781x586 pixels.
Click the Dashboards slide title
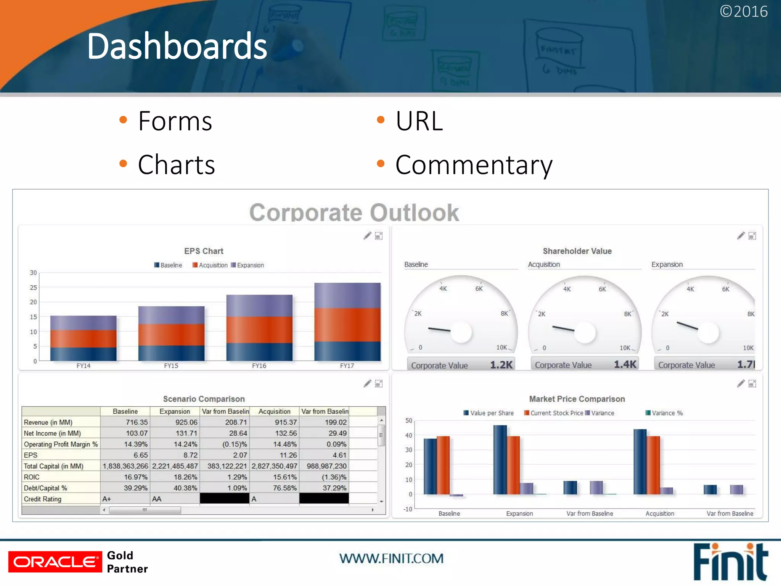pos(177,47)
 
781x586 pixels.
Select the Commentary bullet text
pos(474,165)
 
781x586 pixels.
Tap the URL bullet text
pos(419,121)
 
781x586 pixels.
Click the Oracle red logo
pos(55,562)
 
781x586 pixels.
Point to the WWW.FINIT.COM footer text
pos(391,559)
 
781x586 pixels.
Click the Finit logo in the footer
pos(730,562)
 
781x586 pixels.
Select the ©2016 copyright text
pos(743,11)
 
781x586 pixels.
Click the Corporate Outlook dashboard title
pos(354,212)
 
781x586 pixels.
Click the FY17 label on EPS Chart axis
pos(347,365)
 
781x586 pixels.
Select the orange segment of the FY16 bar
pos(259,330)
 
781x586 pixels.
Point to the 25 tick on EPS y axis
pos(34,287)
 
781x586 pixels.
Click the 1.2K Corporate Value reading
pos(501,365)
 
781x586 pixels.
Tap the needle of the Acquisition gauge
pos(563,328)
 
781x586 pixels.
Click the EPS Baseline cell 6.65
pos(140,455)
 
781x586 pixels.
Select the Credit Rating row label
pos(43,499)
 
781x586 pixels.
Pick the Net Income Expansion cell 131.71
pos(186,433)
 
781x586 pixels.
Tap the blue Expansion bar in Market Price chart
pos(500,459)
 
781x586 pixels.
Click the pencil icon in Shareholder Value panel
pos(741,236)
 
